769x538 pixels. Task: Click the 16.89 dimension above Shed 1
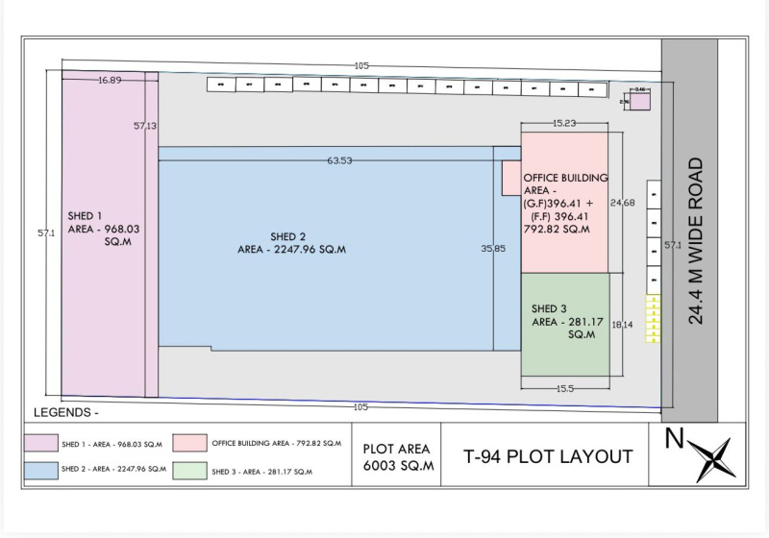(x=109, y=81)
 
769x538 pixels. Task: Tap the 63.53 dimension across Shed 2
(x=339, y=160)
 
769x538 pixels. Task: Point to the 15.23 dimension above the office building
(x=564, y=123)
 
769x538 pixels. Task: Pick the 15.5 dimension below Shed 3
(x=564, y=387)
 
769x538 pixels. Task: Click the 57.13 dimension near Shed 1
(x=145, y=126)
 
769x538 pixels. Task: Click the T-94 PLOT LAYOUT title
(x=548, y=456)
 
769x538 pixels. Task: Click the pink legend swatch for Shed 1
(x=41, y=444)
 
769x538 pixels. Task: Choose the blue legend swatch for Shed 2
(x=41, y=470)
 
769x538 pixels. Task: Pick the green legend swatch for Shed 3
(x=192, y=470)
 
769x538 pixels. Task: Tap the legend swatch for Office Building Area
(x=192, y=444)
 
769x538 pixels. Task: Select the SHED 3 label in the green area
(x=550, y=308)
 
